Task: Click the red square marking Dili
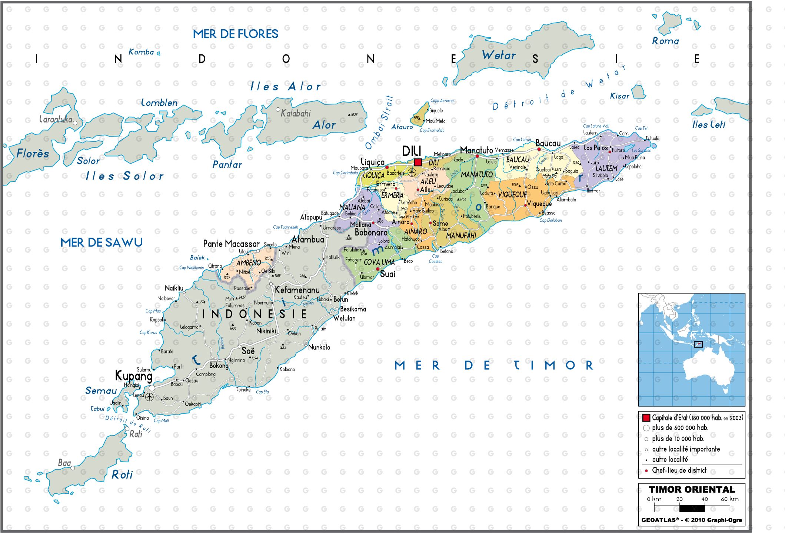pos(418,162)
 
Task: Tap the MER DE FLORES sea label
pos(235,34)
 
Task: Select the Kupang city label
pos(134,376)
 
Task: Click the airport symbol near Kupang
pos(149,397)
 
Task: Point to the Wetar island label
pos(499,56)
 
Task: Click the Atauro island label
pos(402,127)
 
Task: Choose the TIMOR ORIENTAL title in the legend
pos(692,489)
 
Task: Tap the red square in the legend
pos(646,418)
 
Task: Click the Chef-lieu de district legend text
pos(679,470)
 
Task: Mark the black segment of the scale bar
pos(692,509)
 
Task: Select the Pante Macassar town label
pos(231,244)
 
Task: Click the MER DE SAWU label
pos(102,242)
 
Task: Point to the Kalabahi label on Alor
pos(296,113)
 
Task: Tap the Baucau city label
pos(548,143)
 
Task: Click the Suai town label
pos(387,274)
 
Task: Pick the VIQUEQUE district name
pos(512,194)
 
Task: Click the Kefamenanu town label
pos(297,290)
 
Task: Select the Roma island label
pos(665,41)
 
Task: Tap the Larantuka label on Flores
pos(56,119)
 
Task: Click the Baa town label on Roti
pos(64,463)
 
